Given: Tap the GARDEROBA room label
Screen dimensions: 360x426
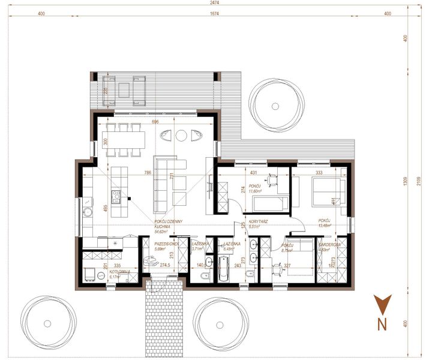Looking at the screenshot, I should click(330, 245).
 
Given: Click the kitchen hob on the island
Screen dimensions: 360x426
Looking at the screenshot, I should click(116, 194).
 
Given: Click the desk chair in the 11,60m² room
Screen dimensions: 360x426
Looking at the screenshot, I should click(272, 178).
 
